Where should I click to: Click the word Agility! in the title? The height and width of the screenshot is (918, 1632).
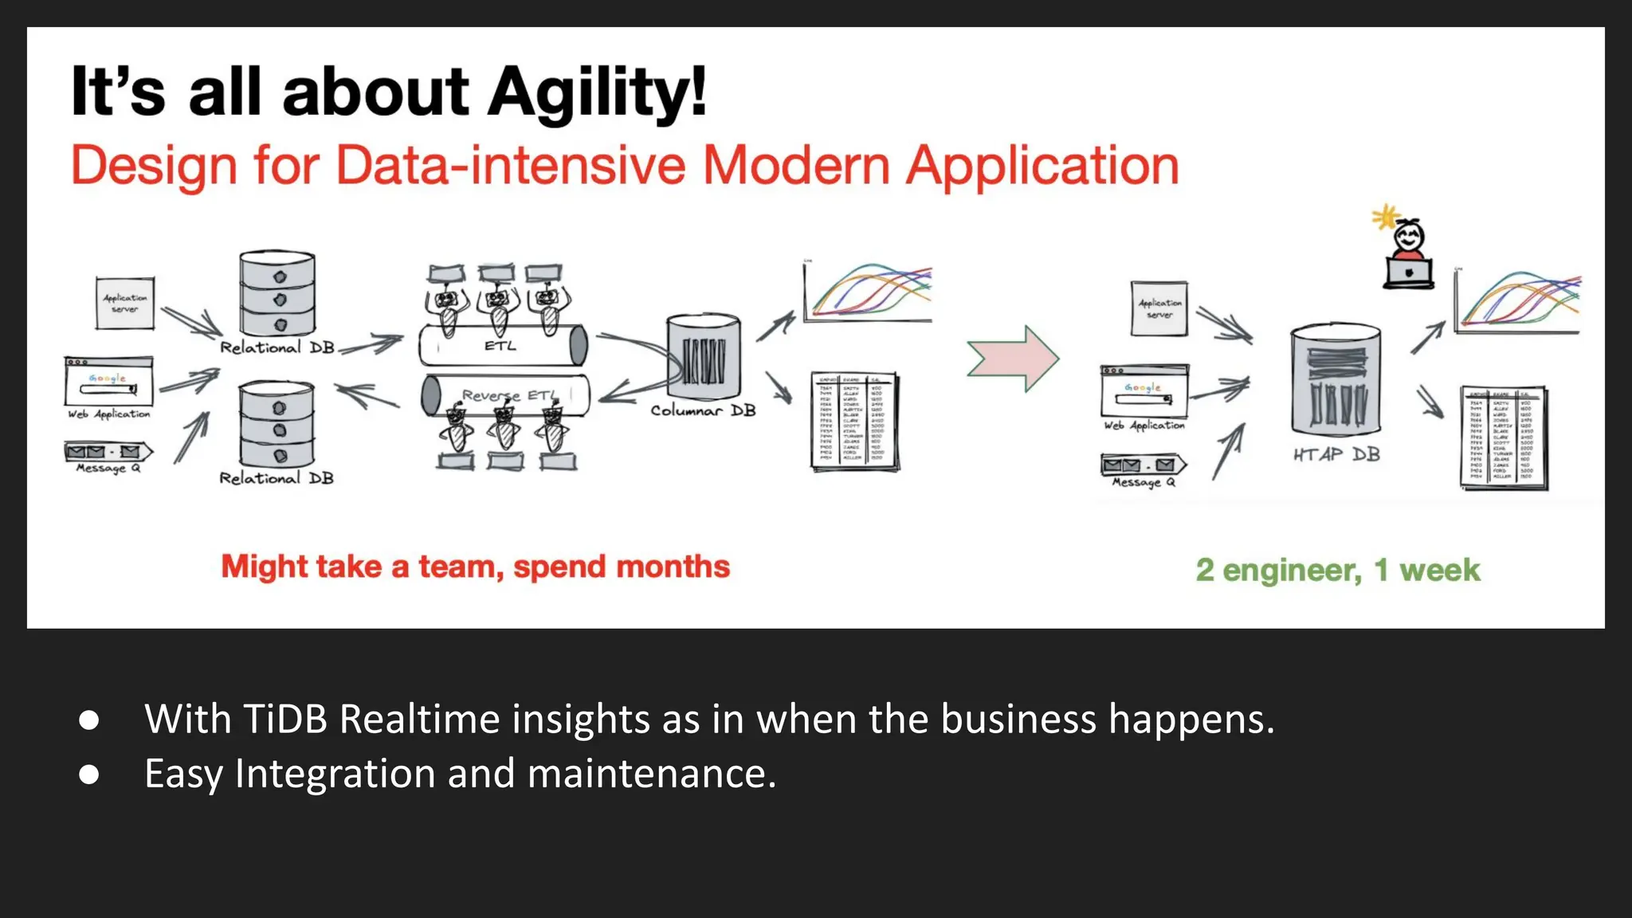click(x=597, y=92)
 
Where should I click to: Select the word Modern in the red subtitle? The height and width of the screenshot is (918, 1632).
click(x=795, y=166)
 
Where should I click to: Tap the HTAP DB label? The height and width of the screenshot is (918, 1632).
click(x=1336, y=455)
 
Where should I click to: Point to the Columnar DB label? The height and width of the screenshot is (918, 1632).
click(x=703, y=410)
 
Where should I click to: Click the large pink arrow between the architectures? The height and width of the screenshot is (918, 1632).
click(x=1013, y=359)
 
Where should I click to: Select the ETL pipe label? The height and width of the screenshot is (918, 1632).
click(x=500, y=346)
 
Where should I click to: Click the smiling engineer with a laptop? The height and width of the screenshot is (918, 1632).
click(x=1408, y=255)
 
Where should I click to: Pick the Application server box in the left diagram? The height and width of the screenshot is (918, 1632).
click(x=125, y=303)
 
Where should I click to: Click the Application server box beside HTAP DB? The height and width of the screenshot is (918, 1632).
click(x=1159, y=308)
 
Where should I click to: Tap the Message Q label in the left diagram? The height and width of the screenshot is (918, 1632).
click(x=108, y=469)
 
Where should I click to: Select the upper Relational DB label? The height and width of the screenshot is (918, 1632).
click(x=277, y=347)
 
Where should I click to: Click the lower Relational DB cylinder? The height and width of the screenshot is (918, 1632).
click(x=277, y=425)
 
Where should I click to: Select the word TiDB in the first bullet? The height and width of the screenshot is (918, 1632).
click(x=285, y=719)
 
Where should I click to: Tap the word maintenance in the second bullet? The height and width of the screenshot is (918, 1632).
click(x=651, y=774)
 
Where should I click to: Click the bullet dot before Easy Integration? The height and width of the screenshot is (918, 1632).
click(x=89, y=775)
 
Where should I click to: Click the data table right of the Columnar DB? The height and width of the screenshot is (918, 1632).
click(x=854, y=422)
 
